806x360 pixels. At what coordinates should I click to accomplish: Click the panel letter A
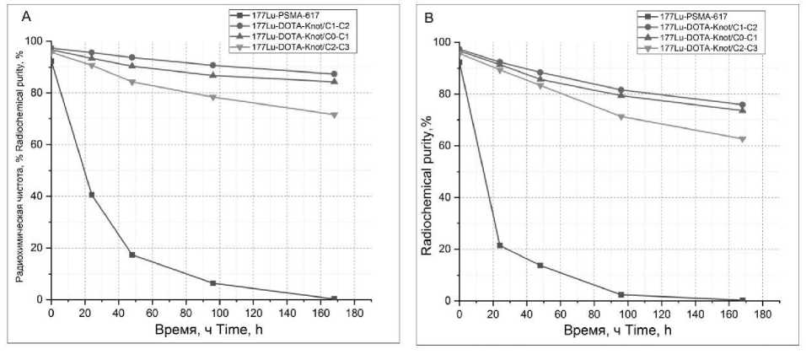(x=26, y=16)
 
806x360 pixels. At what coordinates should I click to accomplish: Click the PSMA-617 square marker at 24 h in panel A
(x=92, y=195)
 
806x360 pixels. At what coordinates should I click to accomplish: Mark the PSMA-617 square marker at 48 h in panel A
(x=132, y=255)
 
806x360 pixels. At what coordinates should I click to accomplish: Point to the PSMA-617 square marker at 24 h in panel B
(x=500, y=245)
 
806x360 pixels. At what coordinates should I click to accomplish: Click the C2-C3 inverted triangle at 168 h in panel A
(x=334, y=115)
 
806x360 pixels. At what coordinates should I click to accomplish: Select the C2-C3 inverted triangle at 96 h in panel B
(x=621, y=116)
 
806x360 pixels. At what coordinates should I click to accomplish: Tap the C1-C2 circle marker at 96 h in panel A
(x=212, y=65)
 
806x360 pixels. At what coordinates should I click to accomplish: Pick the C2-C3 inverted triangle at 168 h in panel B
(x=742, y=139)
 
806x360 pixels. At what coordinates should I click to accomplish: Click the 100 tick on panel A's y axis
(x=34, y=41)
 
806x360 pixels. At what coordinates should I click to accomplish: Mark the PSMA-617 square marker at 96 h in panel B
(x=621, y=294)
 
